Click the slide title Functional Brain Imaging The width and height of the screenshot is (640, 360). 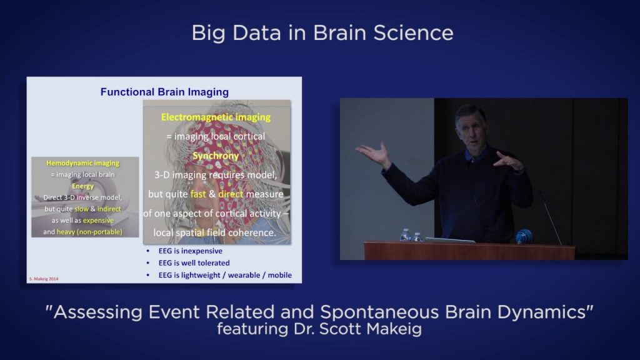click(x=164, y=92)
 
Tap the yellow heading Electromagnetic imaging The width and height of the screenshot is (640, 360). click(x=216, y=117)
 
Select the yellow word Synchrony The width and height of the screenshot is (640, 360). click(x=216, y=156)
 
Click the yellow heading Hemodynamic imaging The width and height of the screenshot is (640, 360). click(x=82, y=163)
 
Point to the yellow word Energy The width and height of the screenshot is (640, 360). click(x=82, y=186)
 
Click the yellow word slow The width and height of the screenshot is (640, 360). click(x=81, y=209)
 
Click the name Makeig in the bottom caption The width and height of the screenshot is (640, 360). click(x=392, y=328)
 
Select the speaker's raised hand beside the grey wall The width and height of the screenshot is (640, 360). click(x=373, y=152)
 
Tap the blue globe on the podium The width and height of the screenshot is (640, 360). click(x=524, y=236)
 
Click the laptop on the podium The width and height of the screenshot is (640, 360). click(x=449, y=240)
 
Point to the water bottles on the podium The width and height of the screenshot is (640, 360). click(x=411, y=236)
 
